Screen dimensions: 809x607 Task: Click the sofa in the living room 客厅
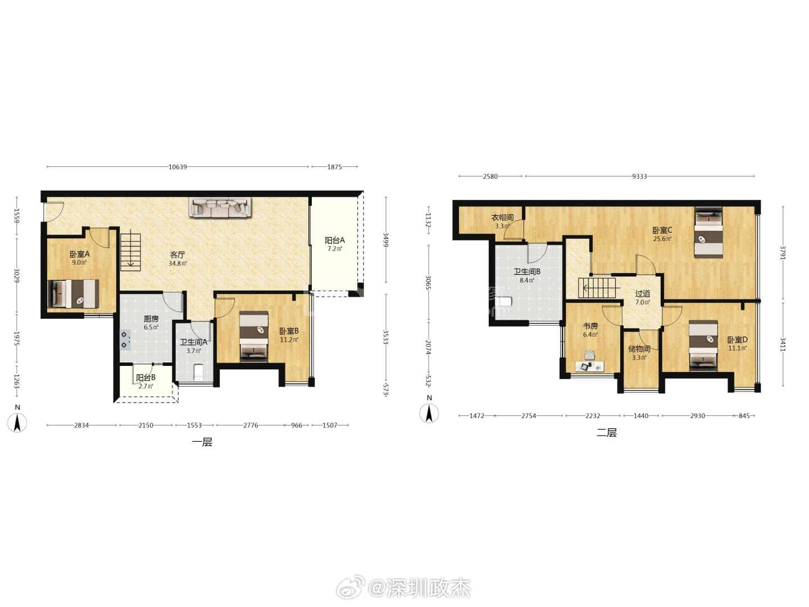(x=220, y=207)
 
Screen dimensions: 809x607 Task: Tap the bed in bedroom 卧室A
(x=74, y=294)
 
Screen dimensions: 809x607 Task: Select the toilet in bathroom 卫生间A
(x=199, y=372)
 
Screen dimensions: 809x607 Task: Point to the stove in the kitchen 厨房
(x=125, y=340)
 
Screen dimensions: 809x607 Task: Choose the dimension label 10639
(x=178, y=167)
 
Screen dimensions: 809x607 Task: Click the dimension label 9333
(x=639, y=176)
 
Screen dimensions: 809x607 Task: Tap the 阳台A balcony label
(x=335, y=241)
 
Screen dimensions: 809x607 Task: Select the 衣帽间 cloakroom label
(x=502, y=218)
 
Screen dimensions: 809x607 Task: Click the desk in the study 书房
(x=590, y=366)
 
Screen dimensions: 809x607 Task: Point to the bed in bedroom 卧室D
(x=703, y=346)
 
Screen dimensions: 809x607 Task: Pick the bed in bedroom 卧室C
(x=708, y=232)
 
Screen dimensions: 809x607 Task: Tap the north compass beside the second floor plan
(x=429, y=413)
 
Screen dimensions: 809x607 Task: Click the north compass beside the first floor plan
(x=17, y=422)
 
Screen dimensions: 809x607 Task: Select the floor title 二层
(x=607, y=432)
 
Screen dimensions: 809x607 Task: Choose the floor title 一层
(x=202, y=442)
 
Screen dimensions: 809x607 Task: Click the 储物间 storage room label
(x=639, y=348)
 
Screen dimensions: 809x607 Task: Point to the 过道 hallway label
(x=642, y=294)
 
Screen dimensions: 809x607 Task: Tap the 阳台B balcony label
(x=146, y=378)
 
